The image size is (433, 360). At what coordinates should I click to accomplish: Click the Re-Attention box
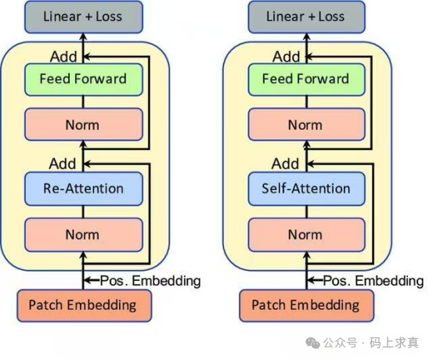click(x=84, y=189)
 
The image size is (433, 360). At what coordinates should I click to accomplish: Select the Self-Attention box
click(x=305, y=189)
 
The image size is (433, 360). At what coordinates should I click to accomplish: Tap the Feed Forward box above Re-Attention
click(x=84, y=79)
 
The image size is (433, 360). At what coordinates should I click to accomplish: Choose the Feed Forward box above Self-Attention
click(x=305, y=79)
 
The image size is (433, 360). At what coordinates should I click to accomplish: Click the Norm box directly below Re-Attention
click(x=84, y=234)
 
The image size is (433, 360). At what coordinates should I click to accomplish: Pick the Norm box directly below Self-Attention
click(x=305, y=234)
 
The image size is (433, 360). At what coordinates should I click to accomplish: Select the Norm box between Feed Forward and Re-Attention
click(x=84, y=124)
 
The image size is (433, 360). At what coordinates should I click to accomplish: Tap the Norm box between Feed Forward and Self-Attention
click(x=305, y=124)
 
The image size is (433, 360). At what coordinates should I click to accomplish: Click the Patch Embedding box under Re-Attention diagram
click(x=82, y=304)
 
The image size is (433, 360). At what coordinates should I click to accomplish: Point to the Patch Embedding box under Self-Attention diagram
click(x=305, y=304)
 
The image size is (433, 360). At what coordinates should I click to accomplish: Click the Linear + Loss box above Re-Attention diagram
click(x=83, y=16)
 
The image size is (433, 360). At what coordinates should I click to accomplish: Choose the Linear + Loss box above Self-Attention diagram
click(x=305, y=16)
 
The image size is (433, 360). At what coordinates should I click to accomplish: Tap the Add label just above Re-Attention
click(x=63, y=164)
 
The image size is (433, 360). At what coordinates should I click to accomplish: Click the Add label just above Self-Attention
click(x=286, y=164)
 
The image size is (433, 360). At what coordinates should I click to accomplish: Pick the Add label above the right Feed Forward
click(x=287, y=56)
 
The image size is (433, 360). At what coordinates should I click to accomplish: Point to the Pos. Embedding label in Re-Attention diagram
click(x=151, y=280)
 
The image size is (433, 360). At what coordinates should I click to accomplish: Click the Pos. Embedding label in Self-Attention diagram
click(x=373, y=280)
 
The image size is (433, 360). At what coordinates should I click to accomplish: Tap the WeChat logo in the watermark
click(x=314, y=343)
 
